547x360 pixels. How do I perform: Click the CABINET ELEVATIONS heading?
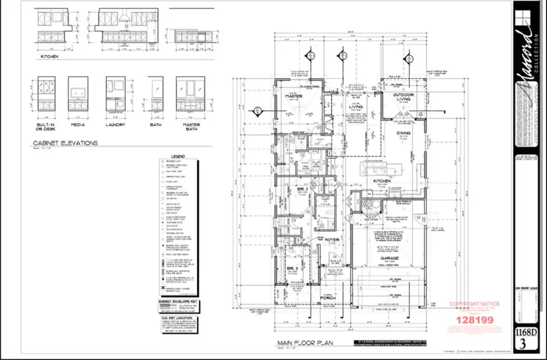65,144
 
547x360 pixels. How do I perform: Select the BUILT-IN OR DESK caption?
46,127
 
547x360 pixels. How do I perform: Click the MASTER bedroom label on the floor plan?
294,96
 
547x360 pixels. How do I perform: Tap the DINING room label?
403,133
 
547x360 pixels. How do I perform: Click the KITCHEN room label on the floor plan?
382,181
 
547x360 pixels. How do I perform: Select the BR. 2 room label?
294,190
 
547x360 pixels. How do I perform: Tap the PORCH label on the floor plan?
329,297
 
